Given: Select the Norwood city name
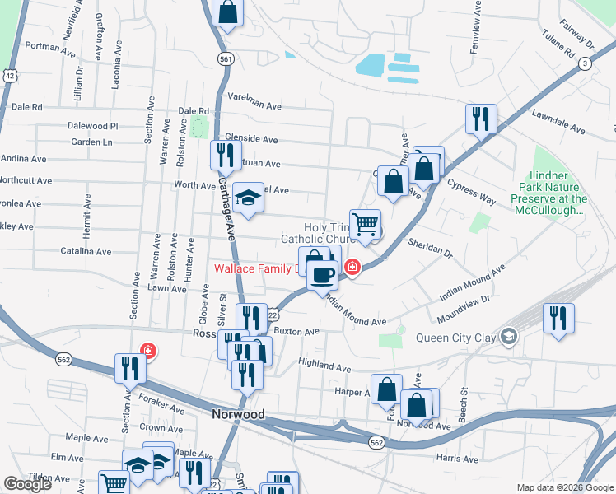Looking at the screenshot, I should tap(237, 415).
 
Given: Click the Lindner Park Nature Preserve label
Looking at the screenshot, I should tap(548, 193).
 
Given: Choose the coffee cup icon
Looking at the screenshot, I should tap(323, 276).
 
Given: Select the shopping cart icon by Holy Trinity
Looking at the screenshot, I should tap(365, 223).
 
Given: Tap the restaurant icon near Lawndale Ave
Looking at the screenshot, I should tap(480, 120).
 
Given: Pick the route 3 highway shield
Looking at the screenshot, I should tap(584, 63).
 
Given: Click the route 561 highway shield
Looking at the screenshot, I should tap(224, 58).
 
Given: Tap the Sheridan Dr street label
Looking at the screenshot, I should tap(430, 246).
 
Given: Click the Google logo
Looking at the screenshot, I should tap(28, 484).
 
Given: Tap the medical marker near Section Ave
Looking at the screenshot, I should tap(147, 352).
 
